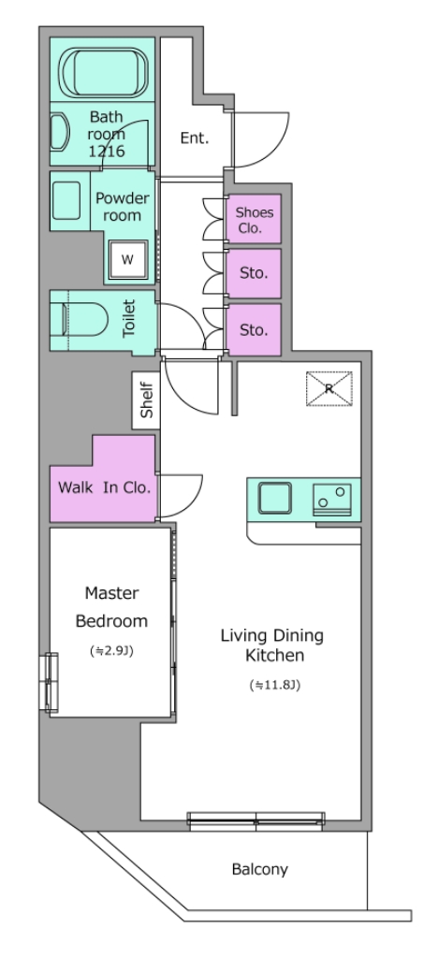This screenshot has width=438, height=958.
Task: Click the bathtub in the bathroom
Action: [105, 71]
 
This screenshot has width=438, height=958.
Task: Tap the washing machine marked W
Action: [127, 259]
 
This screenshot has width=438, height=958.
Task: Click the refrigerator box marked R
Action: [329, 388]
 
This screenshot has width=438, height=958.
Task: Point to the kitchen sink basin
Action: [275, 498]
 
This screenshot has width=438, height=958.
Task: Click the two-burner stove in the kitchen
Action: [332, 500]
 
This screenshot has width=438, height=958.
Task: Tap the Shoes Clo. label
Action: [255, 221]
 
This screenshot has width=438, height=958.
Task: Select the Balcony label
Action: [259, 869]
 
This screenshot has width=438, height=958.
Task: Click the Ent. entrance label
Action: [195, 138]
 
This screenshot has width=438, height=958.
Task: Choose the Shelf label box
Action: [147, 400]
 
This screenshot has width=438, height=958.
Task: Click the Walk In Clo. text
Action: [104, 487]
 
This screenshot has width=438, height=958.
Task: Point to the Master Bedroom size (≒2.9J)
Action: [111, 651]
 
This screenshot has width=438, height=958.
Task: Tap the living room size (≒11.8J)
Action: [275, 685]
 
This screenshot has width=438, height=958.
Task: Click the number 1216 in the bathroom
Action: [107, 151]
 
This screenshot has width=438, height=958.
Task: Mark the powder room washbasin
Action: [66, 200]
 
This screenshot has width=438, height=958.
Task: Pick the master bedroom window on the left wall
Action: [51, 682]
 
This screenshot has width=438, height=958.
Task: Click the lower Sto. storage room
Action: [255, 330]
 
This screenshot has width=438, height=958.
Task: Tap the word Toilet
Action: [129, 318]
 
